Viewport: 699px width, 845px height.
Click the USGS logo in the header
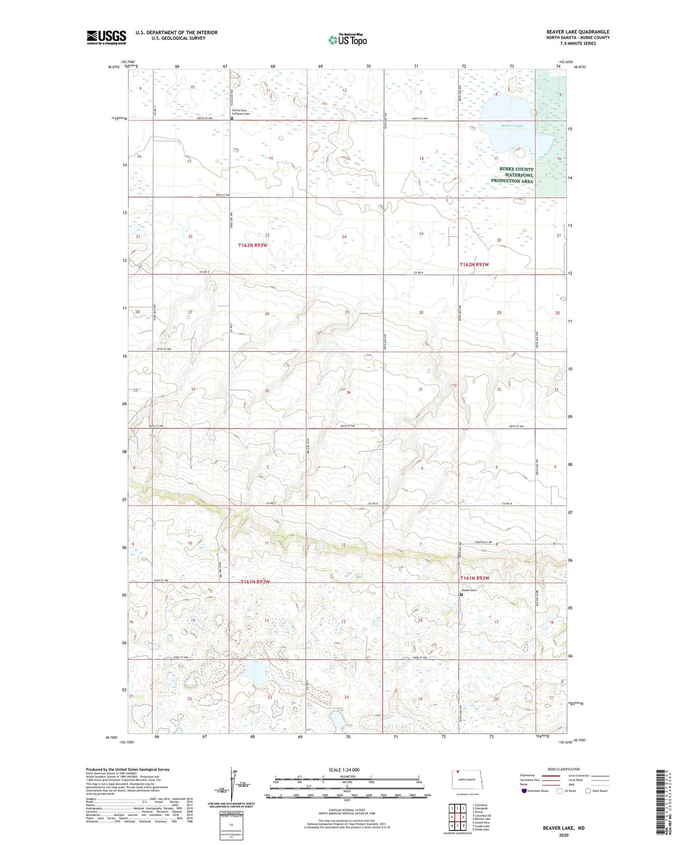(106, 37)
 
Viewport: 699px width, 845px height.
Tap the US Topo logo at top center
(347, 40)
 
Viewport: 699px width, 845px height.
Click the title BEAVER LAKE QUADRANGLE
(578, 32)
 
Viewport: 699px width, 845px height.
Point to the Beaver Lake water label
(511, 126)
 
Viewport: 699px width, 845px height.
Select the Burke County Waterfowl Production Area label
(512, 175)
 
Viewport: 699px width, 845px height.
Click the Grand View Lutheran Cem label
(242, 112)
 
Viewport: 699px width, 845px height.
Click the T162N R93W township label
(253, 245)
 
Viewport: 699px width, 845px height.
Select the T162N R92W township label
(474, 265)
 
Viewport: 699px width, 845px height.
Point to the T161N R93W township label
(255, 582)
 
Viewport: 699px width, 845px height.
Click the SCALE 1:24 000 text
(343, 770)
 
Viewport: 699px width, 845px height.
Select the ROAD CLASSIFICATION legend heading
(564, 769)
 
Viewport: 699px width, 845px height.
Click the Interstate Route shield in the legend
(524, 791)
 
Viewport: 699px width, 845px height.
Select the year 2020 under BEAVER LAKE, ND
(563, 835)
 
